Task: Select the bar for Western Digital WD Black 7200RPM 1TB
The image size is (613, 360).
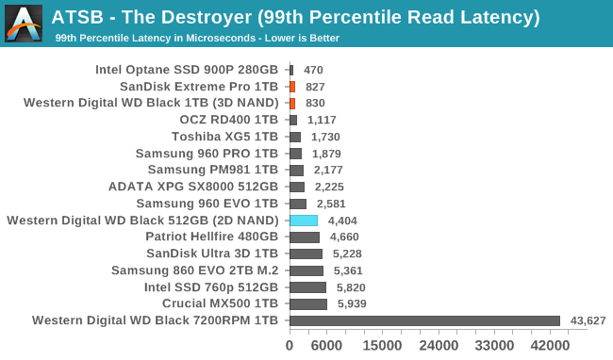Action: click(x=424, y=320)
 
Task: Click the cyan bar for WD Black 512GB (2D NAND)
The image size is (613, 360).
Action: click(x=303, y=221)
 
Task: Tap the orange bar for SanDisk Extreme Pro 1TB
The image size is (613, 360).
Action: click(x=292, y=87)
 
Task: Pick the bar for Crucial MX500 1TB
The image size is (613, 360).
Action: click(x=307, y=304)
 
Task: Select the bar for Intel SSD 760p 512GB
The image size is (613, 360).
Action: click(x=307, y=287)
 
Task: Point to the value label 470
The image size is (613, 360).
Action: click(x=313, y=70)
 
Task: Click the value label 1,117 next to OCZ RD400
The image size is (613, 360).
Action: click(x=322, y=120)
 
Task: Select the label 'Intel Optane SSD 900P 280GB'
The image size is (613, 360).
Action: click(x=187, y=70)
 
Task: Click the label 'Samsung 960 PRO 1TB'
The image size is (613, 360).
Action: click(x=207, y=154)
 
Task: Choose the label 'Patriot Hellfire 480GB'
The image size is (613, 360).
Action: click(x=212, y=237)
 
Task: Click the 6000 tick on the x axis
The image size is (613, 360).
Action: click(x=326, y=346)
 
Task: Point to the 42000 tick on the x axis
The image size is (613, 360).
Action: click(x=549, y=346)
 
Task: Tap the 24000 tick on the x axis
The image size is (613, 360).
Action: click(x=438, y=346)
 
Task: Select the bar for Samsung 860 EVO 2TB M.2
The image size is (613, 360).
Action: click(x=306, y=270)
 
